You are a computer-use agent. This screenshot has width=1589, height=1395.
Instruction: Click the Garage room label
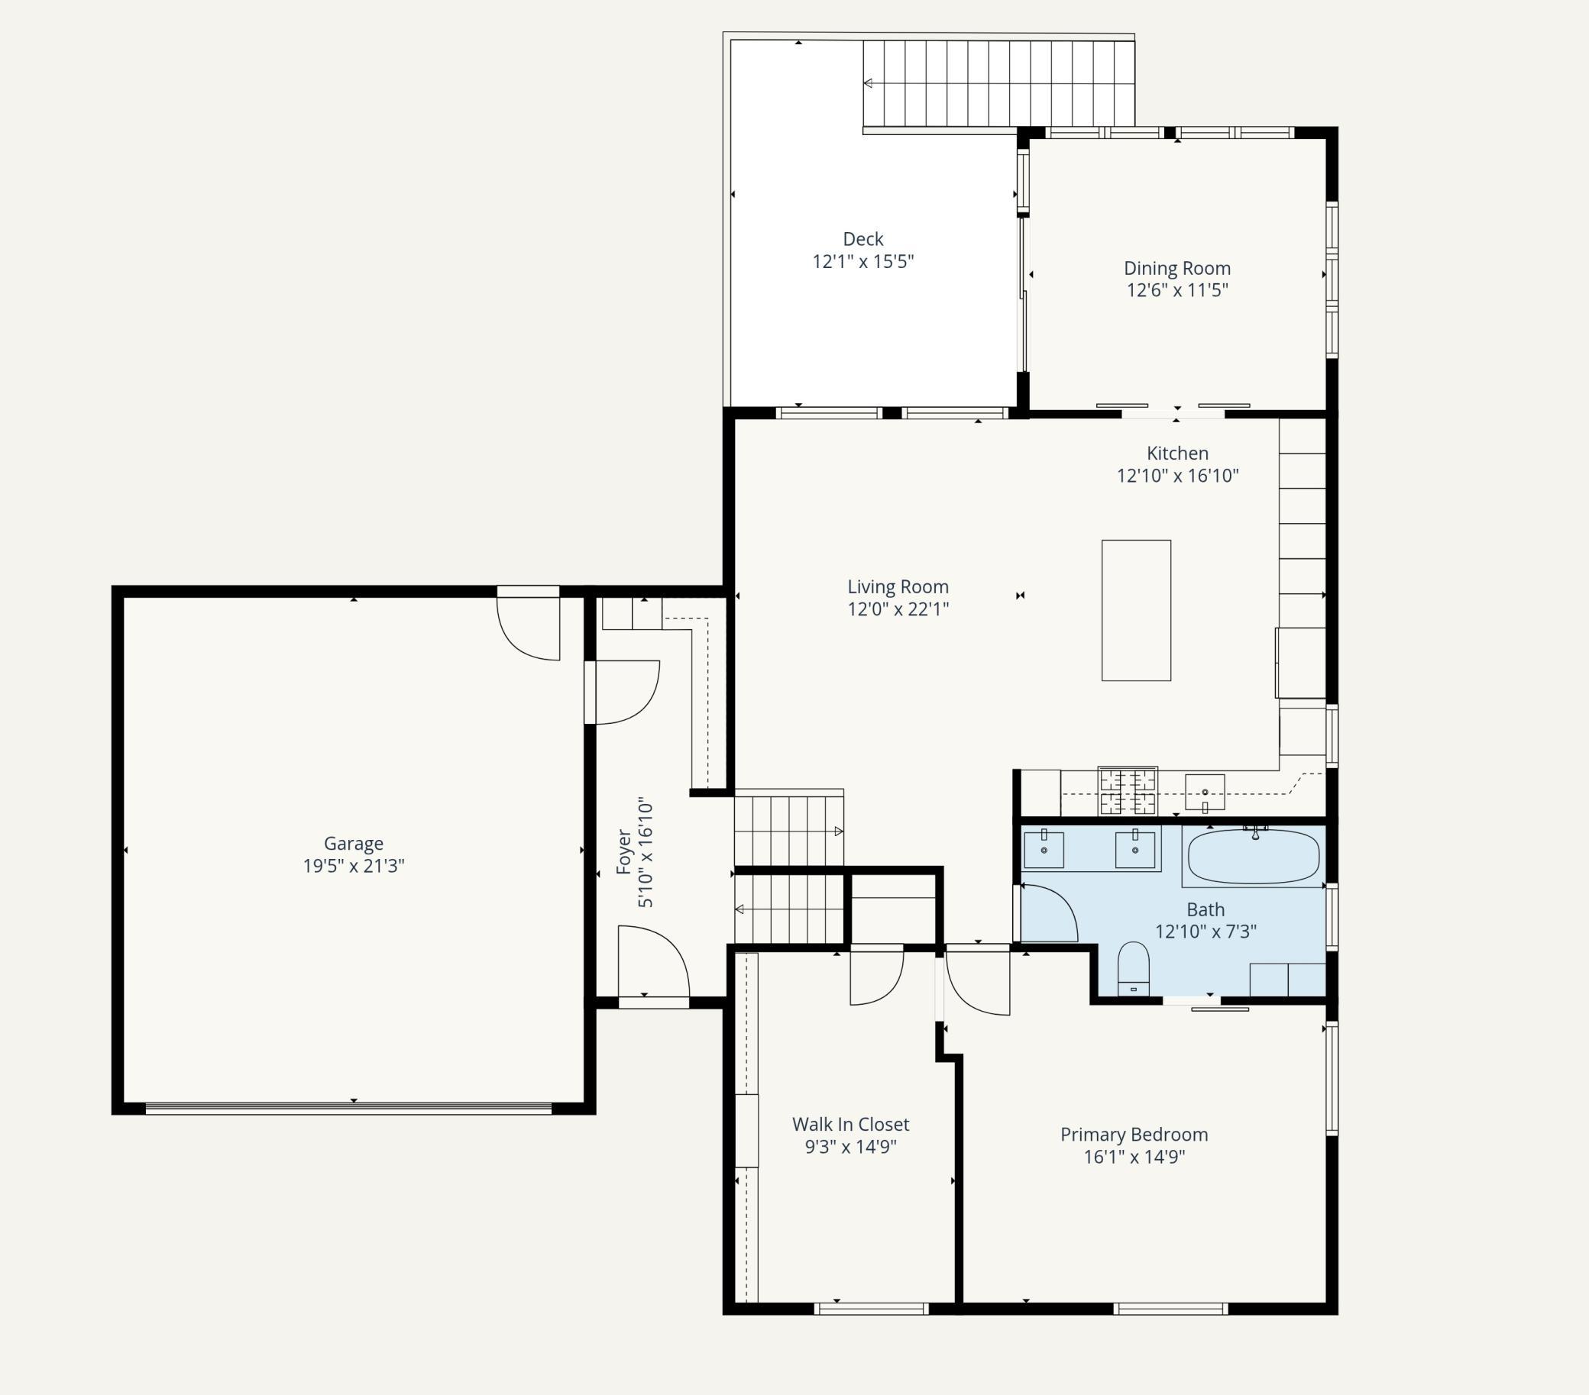tap(353, 843)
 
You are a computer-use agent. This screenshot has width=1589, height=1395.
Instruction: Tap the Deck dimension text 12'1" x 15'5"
tap(863, 261)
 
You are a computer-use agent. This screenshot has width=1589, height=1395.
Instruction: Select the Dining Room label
tap(1177, 268)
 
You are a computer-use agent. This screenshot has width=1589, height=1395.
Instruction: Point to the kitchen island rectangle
tap(1136, 610)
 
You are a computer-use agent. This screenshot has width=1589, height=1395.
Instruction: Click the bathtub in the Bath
tap(1253, 857)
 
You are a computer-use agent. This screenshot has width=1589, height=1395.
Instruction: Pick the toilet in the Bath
tap(1133, 968)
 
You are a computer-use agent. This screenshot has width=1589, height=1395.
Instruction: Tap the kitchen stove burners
tap(1128, 791)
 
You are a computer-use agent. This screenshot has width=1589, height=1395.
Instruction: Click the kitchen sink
tap(1204, 792)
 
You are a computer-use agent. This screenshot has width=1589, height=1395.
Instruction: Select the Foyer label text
tap(623, 852)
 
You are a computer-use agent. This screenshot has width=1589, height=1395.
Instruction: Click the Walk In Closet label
tap(850, 1125)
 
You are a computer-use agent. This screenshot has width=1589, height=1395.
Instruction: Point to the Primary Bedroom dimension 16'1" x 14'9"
tap(1134, 1157)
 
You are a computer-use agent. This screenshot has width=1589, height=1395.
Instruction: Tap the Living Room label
tap(898, 586)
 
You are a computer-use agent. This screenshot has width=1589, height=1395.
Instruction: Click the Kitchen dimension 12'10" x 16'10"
tap(1177, 476)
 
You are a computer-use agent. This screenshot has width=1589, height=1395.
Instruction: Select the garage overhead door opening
tap(348, 1108)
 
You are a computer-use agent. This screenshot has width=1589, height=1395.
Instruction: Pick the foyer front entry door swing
tap(654, 961)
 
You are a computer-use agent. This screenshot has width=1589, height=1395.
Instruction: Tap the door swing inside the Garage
tap(529, 628)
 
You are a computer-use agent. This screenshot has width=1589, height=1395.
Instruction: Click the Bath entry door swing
tap(1049, 912)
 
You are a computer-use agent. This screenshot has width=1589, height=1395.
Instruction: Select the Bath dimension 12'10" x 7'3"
tap(1206, 931)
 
